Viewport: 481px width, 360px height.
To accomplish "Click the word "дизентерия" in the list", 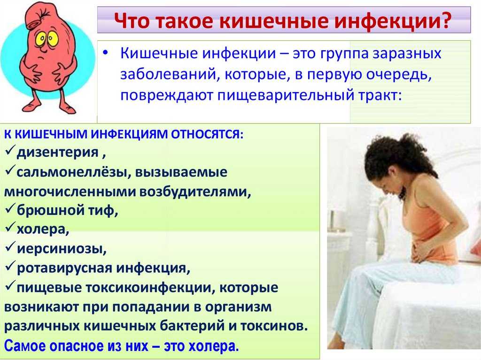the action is pyautogui.click(x=58, y=153).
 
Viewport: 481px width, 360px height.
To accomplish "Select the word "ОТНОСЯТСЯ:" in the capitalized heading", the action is pyautogui.click(x=207, y=134).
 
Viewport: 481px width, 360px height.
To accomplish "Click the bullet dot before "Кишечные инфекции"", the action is pyautogui.click(x=106, y=53).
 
